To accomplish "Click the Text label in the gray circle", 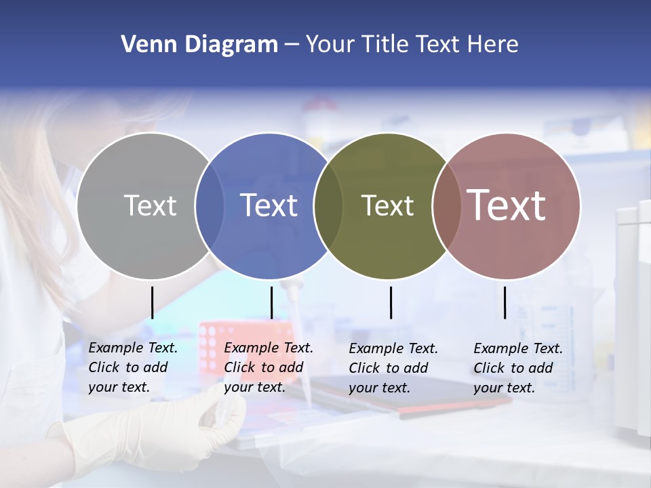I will [x=150, y=205].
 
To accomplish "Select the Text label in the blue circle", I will [x=269, y=205].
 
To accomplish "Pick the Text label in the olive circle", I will [x=387, y=205].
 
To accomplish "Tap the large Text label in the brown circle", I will [x=507, y=205].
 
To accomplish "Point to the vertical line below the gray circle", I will [x=152, y=302].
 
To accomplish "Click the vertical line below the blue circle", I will [x=271, y=302].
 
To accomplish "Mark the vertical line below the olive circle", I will [x=391, y=302].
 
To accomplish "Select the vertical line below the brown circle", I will [x=505, y=302].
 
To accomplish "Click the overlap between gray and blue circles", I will [x=210, y=205].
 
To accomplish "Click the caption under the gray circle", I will [x=132, y=367].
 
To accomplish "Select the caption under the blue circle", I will [x=268, y=367].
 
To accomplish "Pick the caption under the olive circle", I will [x=393, y=368].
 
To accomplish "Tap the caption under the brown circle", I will [x=517, y=368].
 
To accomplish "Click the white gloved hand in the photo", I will [x=163, y=434].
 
